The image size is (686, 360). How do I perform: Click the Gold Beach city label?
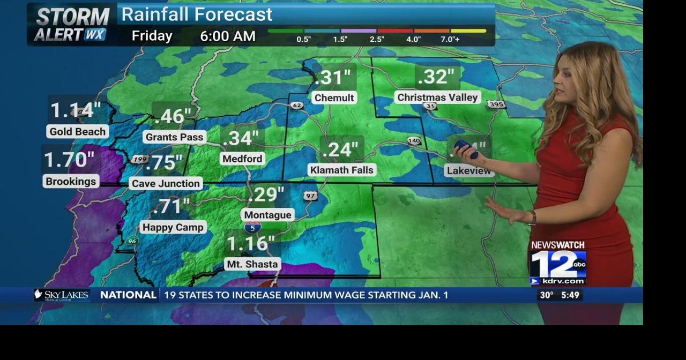(78, 132)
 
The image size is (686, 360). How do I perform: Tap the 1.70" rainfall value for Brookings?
(69, 160)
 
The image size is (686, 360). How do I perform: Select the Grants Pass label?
(174, 137)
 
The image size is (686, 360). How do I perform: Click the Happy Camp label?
(173, 227)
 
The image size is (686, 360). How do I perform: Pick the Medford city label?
(242, 159)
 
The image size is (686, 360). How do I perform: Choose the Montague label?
(267, 215)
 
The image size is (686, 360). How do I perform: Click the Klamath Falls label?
(342, 170)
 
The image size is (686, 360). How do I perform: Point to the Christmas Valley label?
(437, 97)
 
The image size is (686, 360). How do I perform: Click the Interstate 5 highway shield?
(253, 227)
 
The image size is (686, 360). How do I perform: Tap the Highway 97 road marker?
(310, 196)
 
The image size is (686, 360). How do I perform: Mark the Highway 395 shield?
(496, 104)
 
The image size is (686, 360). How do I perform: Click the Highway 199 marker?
(139, 159)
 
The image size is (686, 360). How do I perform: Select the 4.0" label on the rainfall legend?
(413, 39)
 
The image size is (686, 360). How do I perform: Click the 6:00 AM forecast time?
(228, 36)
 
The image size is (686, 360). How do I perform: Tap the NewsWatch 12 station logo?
(557, 263)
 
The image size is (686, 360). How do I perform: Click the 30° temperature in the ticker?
(546, 295)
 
